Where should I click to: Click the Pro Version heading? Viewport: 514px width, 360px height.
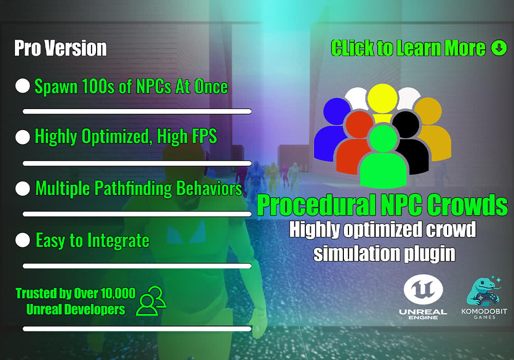coord(61,48)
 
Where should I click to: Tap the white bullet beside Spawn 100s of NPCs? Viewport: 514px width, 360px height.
coord(23,86)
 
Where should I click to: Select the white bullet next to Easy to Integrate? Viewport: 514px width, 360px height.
coord(23,240)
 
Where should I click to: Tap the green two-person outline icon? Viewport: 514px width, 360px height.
coord(152,300)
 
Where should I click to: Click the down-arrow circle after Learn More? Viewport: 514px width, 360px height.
coord(499,48)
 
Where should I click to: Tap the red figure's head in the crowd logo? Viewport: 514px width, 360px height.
coord(359,125)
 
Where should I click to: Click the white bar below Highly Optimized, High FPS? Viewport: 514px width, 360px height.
coord(137,163)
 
